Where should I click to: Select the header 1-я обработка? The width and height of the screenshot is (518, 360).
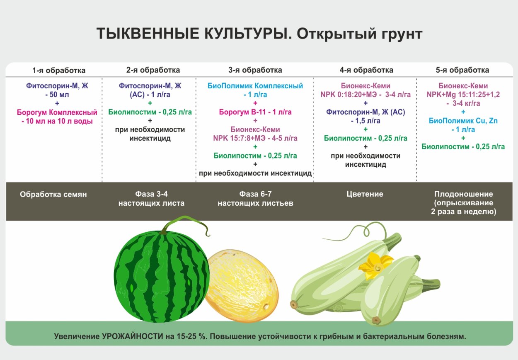(59, 70)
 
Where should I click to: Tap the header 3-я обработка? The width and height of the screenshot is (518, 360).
(255, 70)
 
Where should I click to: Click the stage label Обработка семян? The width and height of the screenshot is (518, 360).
(53, 194)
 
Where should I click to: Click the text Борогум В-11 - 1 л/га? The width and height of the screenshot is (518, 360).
(255, 112)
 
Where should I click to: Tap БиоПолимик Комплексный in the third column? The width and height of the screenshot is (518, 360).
(255, 86)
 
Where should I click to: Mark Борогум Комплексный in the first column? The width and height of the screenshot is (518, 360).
(57, 112)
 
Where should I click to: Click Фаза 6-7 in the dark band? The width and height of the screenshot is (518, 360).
(255, 194)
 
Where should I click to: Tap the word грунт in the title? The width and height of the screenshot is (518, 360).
(401, 34)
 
